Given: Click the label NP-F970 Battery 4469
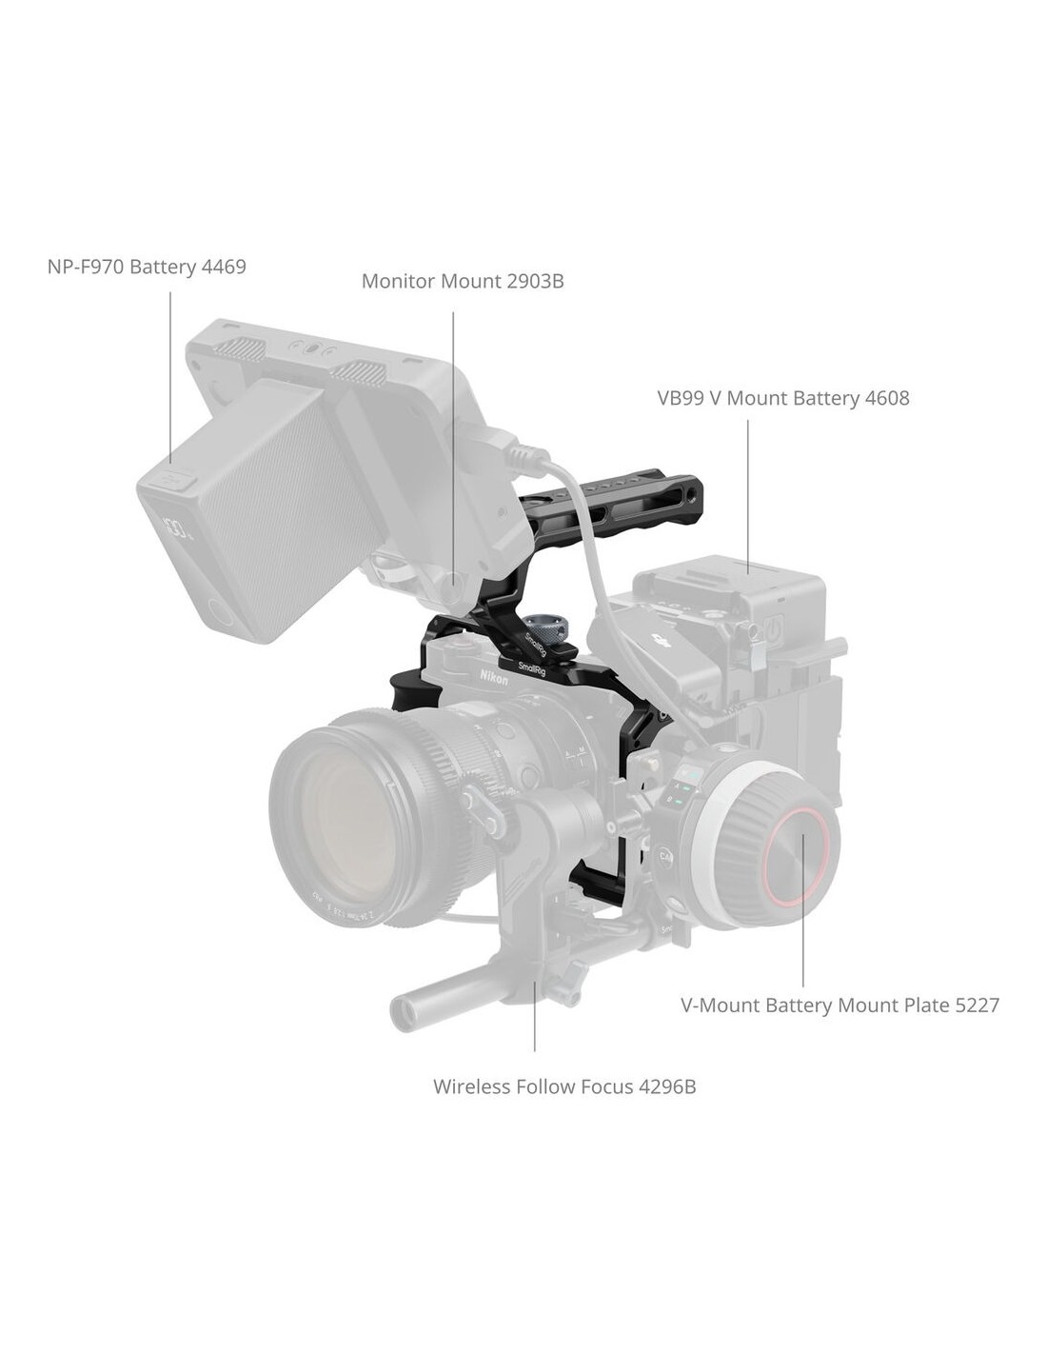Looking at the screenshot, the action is [x=147, y=267].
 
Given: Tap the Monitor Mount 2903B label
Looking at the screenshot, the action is [x=463, y=282].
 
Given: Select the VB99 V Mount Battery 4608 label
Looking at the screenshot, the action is [x=783, y=398].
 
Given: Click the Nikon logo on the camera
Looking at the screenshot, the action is [x=494, y=677].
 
